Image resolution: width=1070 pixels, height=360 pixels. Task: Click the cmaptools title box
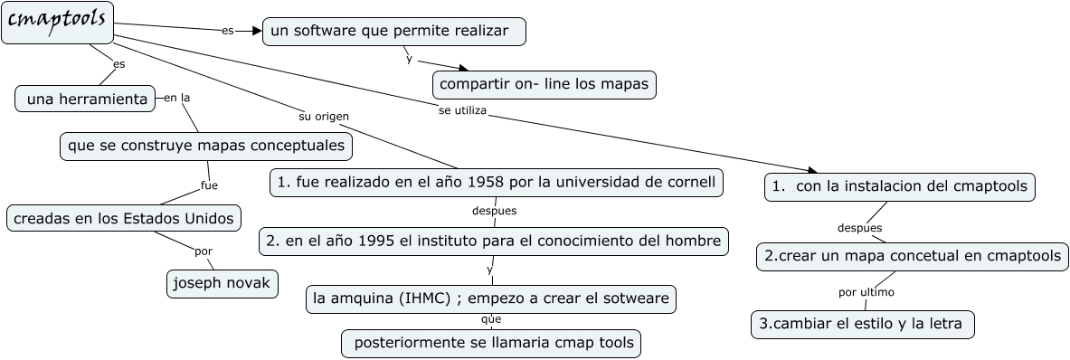click(57, 23)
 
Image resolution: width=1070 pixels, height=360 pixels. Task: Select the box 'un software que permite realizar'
click(393, 32)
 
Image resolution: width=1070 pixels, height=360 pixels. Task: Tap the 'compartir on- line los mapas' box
click(544, 84)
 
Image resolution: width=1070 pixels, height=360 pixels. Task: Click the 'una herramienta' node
click(85, 99)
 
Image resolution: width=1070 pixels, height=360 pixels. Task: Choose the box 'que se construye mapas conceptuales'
click(206, 146)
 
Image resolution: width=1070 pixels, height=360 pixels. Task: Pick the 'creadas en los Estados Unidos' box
click(124, 218)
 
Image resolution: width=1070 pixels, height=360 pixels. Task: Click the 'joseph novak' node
click(223, 284)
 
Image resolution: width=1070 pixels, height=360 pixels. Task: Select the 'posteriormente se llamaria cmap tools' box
click(490, 343)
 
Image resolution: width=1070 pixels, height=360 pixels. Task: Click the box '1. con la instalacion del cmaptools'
click(899, 187)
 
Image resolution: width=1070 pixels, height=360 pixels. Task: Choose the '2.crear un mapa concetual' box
click(913, 256)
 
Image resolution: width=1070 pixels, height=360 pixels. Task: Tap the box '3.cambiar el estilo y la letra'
click(863, 324)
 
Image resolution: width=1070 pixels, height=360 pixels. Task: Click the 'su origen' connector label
click(324, 117)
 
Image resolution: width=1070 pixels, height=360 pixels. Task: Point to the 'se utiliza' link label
click(462, 110)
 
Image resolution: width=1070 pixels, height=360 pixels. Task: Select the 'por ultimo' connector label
click(866, 292)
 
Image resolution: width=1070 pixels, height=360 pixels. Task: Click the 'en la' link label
click(176, 98)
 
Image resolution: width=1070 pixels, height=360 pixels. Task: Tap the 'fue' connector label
click(210, 185)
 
